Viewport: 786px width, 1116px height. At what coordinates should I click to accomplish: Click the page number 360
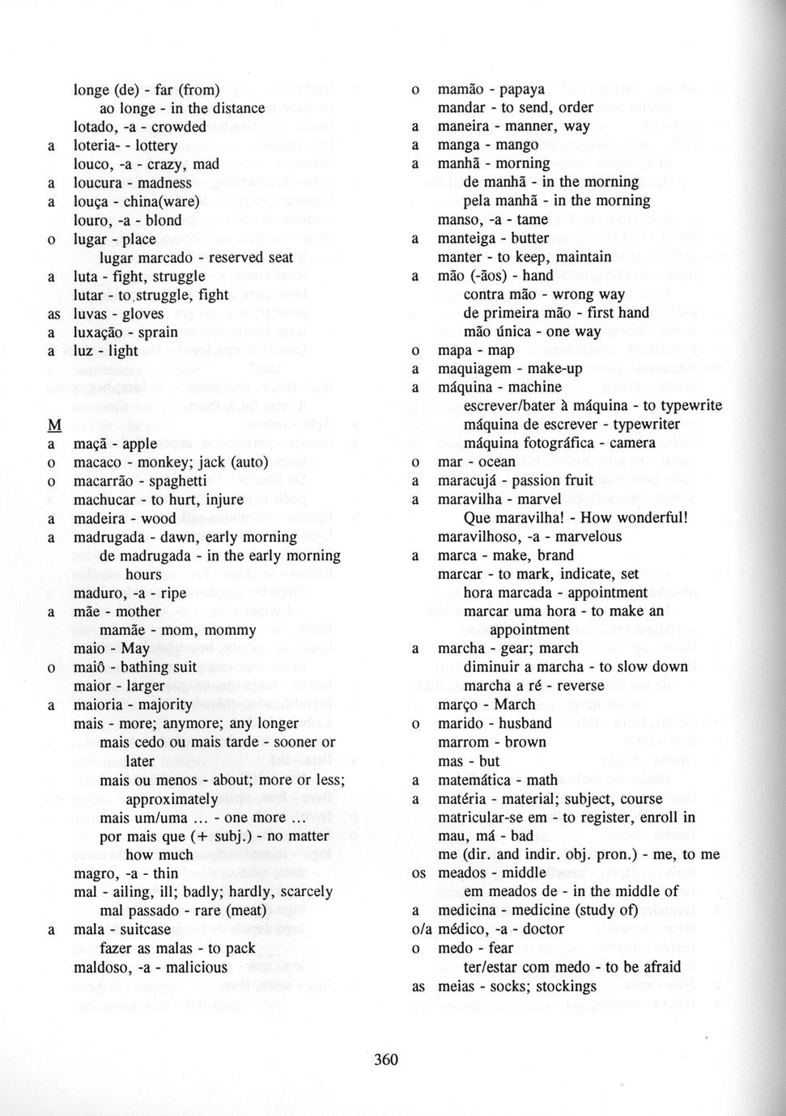386,1059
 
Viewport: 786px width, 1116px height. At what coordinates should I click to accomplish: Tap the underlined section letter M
55,426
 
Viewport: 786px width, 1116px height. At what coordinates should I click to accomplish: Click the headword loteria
96,146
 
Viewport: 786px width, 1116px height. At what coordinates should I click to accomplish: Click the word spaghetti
172,481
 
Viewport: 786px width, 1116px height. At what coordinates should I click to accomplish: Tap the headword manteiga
468,238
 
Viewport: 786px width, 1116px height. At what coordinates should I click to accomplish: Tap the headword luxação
99,332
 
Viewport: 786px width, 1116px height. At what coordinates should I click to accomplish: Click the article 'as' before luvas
54,314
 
